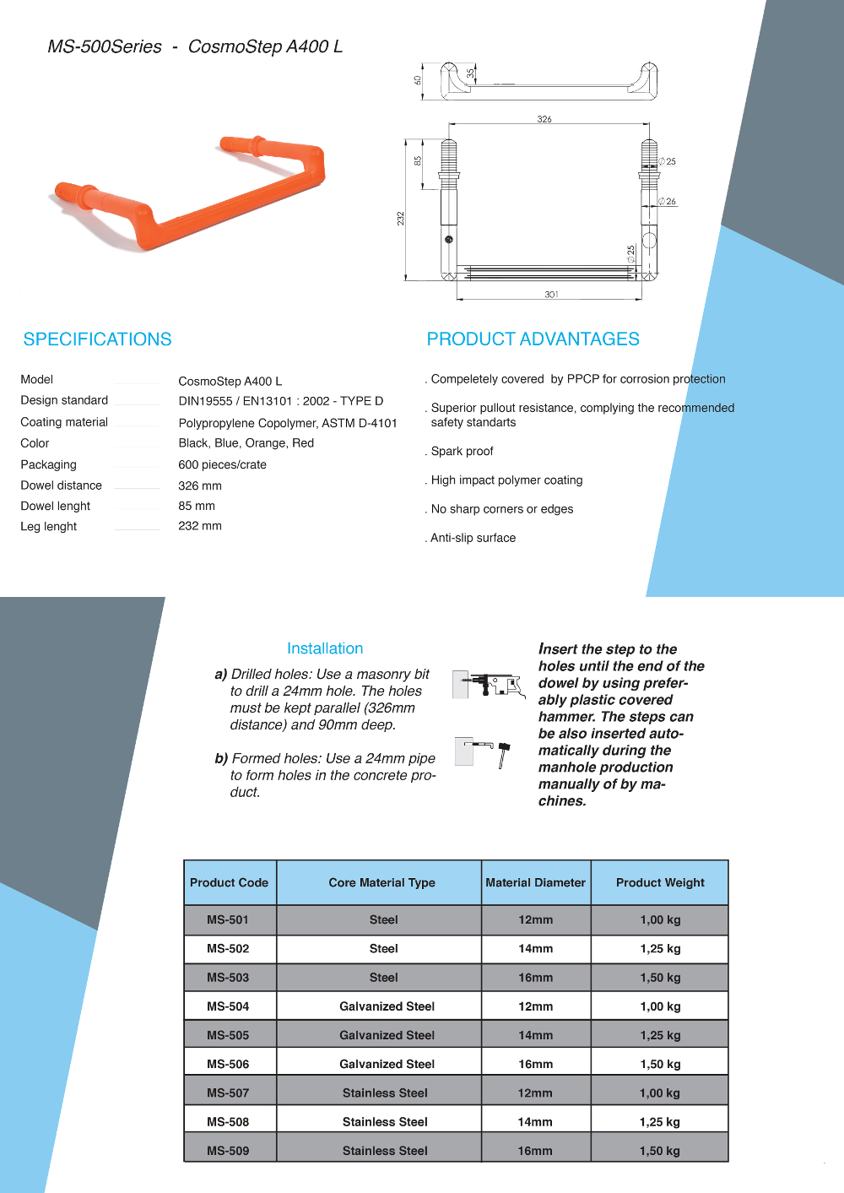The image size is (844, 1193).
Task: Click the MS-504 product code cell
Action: coord(228,1006)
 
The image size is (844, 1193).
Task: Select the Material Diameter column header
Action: coord(535,882)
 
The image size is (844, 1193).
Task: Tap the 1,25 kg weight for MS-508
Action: coord(660,1122)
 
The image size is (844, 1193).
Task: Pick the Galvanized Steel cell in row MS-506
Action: coord(387,1064)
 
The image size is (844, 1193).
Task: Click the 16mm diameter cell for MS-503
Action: coord(535,978)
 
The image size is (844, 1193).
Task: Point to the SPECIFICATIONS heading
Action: coord(97,339)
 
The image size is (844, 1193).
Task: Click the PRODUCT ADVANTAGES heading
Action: coord(533,339)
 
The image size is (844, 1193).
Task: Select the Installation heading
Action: coord(325,648)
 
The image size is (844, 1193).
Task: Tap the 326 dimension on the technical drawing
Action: coord(544,119)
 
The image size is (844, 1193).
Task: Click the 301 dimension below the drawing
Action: coord(551,295)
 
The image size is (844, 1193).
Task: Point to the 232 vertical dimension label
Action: coord(401,218)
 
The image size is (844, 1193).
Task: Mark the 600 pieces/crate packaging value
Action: coord(222,464)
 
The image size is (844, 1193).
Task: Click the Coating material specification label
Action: coord(64,422)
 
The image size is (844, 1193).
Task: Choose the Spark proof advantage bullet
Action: coord(462,451)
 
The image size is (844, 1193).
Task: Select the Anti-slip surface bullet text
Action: coord(473,538)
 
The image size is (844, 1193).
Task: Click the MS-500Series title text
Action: coord(105,46)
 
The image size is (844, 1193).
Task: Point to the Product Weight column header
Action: coord(660,882)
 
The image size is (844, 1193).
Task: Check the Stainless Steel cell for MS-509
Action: coord(385,1151)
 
